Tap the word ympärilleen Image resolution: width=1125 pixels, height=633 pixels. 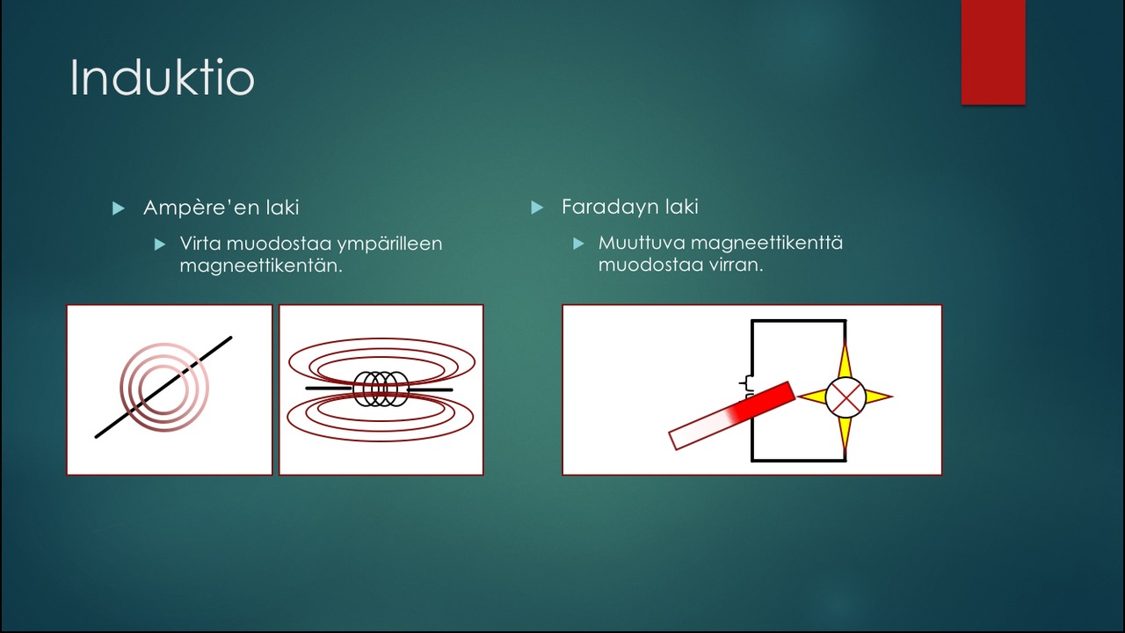tap(389, 244)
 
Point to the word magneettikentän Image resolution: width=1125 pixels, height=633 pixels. tap(261, 266)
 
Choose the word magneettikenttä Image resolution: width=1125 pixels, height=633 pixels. tap(767, 244)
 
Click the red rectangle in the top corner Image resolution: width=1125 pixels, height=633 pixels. tap(993, 52)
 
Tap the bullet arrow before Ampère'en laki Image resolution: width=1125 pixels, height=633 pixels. tap(119, 208)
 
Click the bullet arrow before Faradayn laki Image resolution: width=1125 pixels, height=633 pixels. tap(537, 207)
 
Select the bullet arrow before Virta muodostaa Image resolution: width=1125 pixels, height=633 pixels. tap(160, 244)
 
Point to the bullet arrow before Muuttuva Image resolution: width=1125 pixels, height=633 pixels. tap(578, 244)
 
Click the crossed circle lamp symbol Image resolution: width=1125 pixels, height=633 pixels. tap(846, 397)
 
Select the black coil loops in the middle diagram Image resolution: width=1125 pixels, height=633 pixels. tap(381, 389)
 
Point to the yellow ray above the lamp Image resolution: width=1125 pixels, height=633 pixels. tap(846, 360)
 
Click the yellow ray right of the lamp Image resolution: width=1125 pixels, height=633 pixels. tap(879, 397)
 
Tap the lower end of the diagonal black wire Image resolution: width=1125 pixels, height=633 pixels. tap(96, 437)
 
